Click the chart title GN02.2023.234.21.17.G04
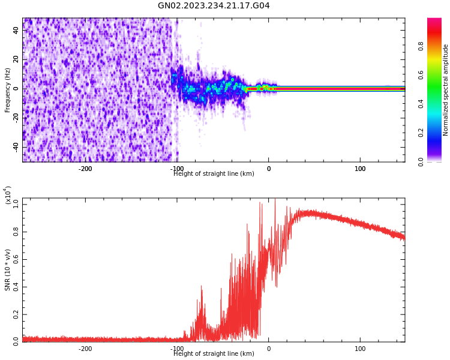pos(214,6)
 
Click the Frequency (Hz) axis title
pos(8,90)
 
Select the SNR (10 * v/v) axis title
pos(8,269)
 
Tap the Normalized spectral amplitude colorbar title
pos(446,90)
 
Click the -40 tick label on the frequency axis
pos(16,146)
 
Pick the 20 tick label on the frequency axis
pos(16,59)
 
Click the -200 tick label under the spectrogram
pos(85,169)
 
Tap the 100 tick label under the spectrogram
pos(360,169)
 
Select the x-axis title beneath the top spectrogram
pos(214,174)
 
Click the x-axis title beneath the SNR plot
pos(214,354)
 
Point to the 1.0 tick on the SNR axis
pos(16,203)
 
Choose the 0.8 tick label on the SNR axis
pos(16,231)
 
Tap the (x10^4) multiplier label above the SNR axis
pos(8,195)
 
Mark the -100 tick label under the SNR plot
pos(177,349)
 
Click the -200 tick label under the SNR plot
pos(85,349)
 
